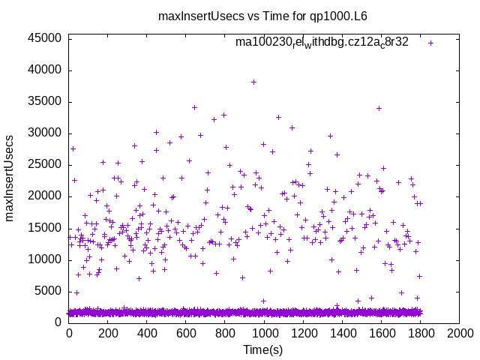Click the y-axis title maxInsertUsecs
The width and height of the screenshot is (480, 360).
pyautogui.click(x=10, y=177)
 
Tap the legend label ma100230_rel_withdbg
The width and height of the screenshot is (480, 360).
pyautogui.click(x=322, y=42)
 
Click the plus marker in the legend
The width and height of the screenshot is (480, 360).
pyautogui.click(x=431, y=43)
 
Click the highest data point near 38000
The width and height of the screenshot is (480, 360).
pyautogui.click(x=253, y=82)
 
